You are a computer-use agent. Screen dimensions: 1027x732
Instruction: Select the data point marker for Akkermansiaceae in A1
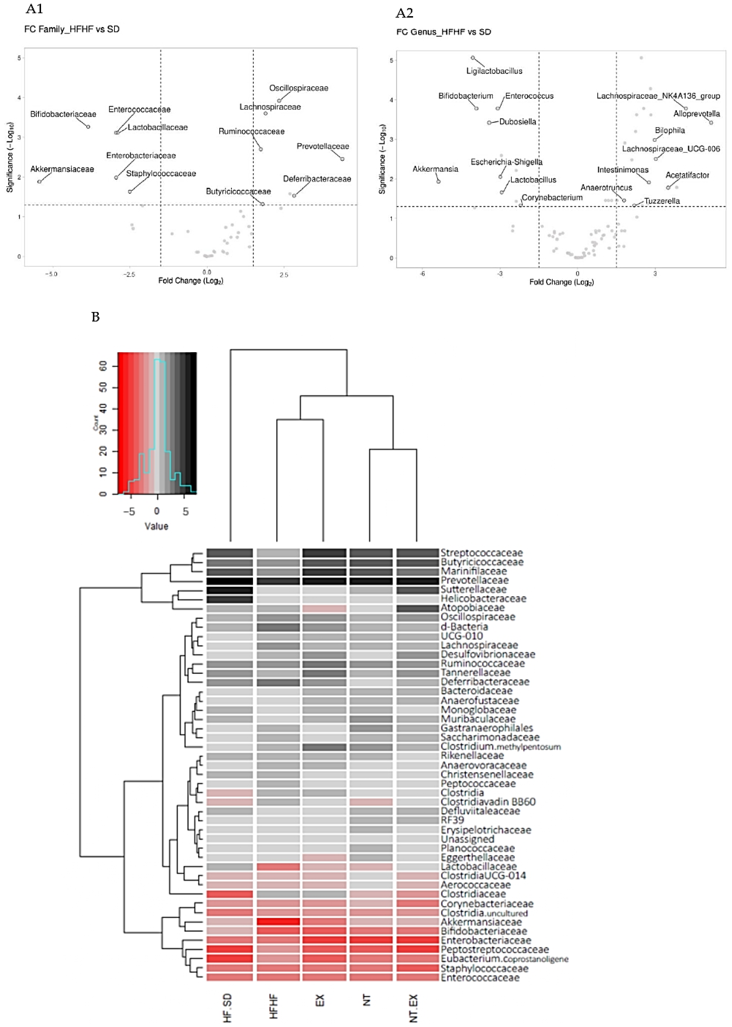coord(40,182)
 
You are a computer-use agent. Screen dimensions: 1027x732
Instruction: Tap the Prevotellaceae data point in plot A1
coord(342,159)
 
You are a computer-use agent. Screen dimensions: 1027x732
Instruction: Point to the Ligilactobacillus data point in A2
coord(472,58)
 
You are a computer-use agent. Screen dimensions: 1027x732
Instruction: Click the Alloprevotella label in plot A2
coord(696,114)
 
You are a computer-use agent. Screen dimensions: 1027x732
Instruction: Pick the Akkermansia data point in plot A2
coord(438,182)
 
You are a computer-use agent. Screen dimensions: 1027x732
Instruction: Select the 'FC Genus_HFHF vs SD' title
coord(443,32)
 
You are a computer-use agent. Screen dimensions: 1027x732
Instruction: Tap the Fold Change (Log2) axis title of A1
coord(191,281)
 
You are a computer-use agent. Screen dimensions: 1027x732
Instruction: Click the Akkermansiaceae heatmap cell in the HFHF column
coord(278,922)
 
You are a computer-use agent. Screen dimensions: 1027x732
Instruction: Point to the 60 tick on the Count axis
coord(103,367)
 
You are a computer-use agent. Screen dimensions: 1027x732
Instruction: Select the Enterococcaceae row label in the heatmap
coord(480,977)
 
